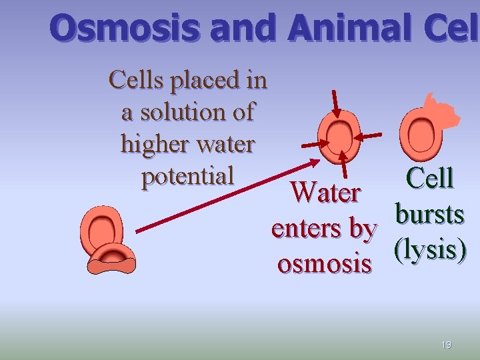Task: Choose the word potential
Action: tap(187, 175)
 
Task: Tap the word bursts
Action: tap(429, 214)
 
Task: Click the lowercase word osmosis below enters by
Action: tap(324, 263)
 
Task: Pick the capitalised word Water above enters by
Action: tap(326, 193)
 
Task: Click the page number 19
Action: tap(446, 345)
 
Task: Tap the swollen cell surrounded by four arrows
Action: tap(338, 136)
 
